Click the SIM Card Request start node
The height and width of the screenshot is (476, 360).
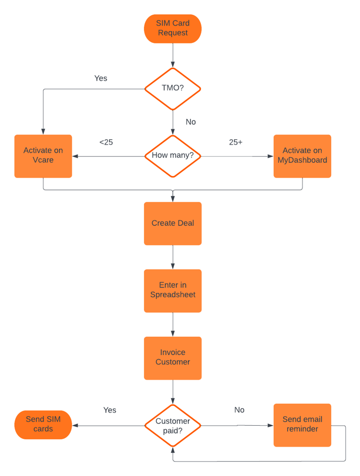(173, 28)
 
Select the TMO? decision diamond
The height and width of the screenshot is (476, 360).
(173, 88)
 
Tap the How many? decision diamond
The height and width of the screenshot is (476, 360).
(173, 156)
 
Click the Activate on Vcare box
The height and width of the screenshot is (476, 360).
(43, 156)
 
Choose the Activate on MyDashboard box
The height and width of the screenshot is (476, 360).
(302, 156)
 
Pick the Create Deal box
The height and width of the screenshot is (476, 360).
(173, 223)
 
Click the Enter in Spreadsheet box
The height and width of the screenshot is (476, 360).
(173, 291)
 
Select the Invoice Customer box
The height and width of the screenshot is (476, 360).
(173, 358)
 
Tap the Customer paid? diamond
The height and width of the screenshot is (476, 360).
(173, 425)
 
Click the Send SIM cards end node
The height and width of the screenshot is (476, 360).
(43, 425)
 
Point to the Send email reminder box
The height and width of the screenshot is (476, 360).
(302, 425)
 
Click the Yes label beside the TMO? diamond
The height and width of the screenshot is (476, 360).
(100, 78)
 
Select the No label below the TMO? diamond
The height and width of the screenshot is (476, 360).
(190, 121)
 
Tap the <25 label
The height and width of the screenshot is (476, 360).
(106, 142)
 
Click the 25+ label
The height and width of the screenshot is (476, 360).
(235, 142)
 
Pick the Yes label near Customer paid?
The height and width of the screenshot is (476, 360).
(109, 410)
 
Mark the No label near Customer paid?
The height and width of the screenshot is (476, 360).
(239, 410)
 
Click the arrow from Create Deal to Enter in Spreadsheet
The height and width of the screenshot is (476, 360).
(173, 257)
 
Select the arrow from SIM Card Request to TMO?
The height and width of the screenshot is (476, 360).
(173, 55)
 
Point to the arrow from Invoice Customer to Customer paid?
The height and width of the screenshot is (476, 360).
(173, 392)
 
